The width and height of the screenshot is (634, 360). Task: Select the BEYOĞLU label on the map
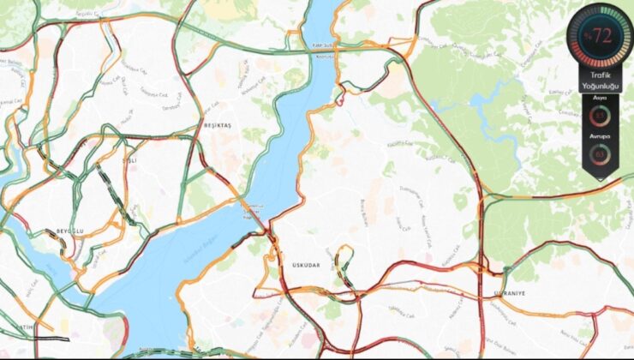(68, 231)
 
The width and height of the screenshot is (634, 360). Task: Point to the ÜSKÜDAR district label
(305, 265)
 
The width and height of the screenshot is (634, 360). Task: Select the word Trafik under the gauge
(599, 75)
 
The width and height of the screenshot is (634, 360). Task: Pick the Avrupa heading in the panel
(599, 135)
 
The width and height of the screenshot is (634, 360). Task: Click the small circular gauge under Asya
(599, 116)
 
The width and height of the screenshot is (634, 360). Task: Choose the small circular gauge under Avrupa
(599, 154)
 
